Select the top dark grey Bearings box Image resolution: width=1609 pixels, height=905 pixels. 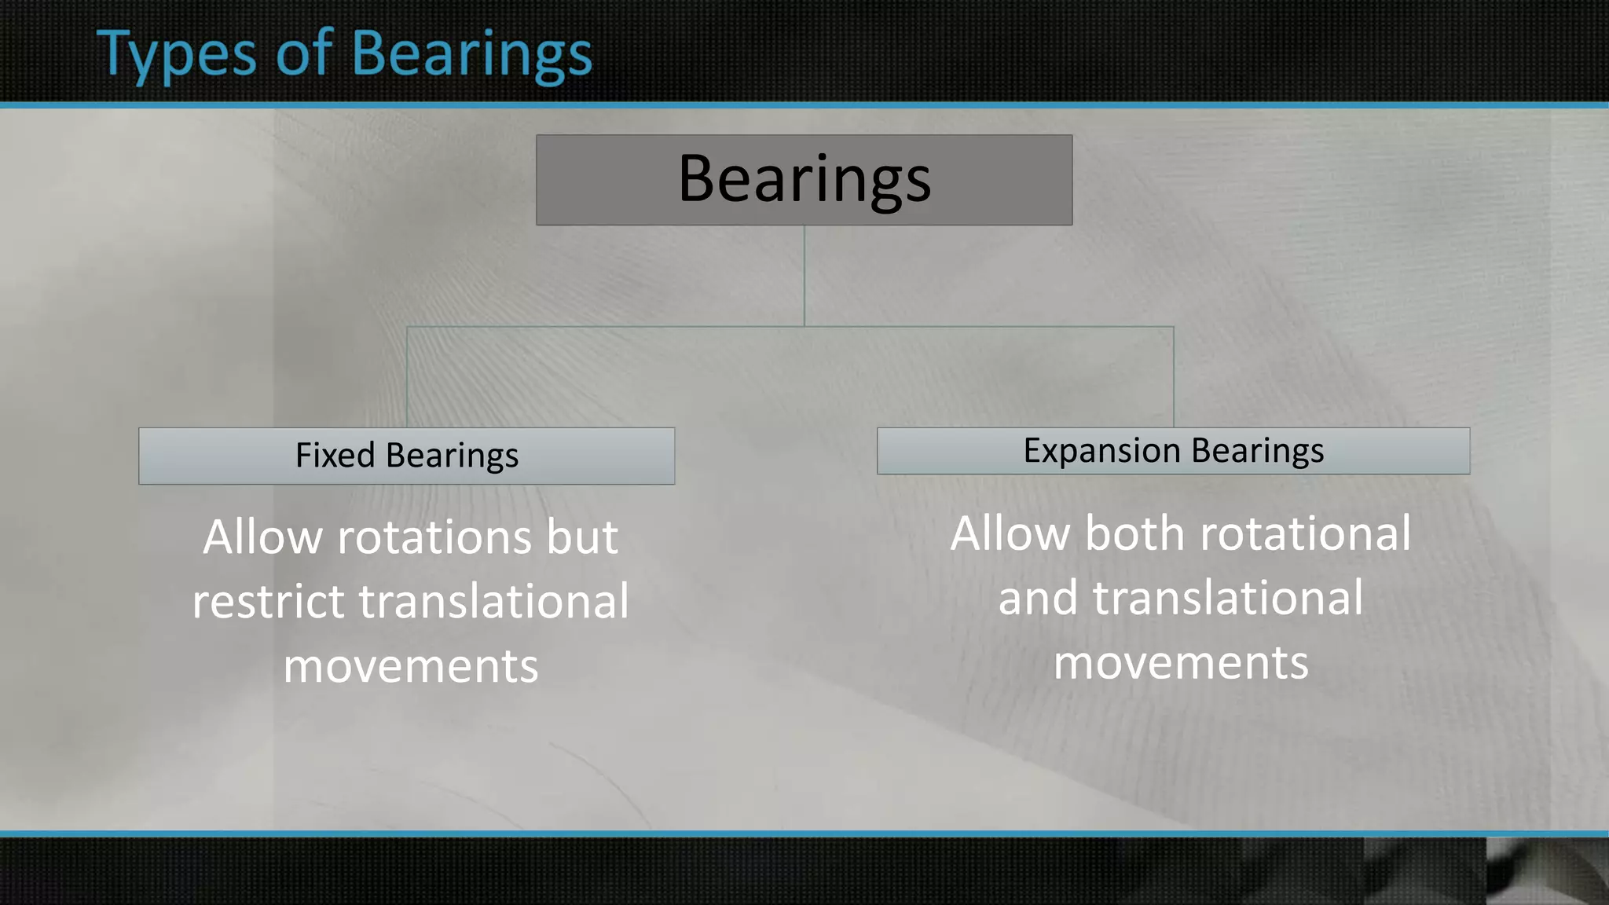(804, 180)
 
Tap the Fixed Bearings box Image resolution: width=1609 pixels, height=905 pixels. (406, 456)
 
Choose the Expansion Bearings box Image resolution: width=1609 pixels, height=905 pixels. (1173, 451)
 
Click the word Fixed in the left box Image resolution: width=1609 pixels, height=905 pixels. (335, 456)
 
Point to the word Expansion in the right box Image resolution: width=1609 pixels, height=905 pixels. (1101, 451)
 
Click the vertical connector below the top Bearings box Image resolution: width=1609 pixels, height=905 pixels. (804, 275)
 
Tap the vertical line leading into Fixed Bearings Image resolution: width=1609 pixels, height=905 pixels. (407, 377)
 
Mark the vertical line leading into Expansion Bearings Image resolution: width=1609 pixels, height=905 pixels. (1173, 377)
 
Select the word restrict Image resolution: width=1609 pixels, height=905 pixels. (269, 602)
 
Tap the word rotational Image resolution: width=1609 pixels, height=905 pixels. (1305, 534)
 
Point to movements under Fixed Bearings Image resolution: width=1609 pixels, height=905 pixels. (410, 666)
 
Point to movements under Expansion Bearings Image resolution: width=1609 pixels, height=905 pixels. (1181, 663)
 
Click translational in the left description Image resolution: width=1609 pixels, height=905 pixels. (493, 602)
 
